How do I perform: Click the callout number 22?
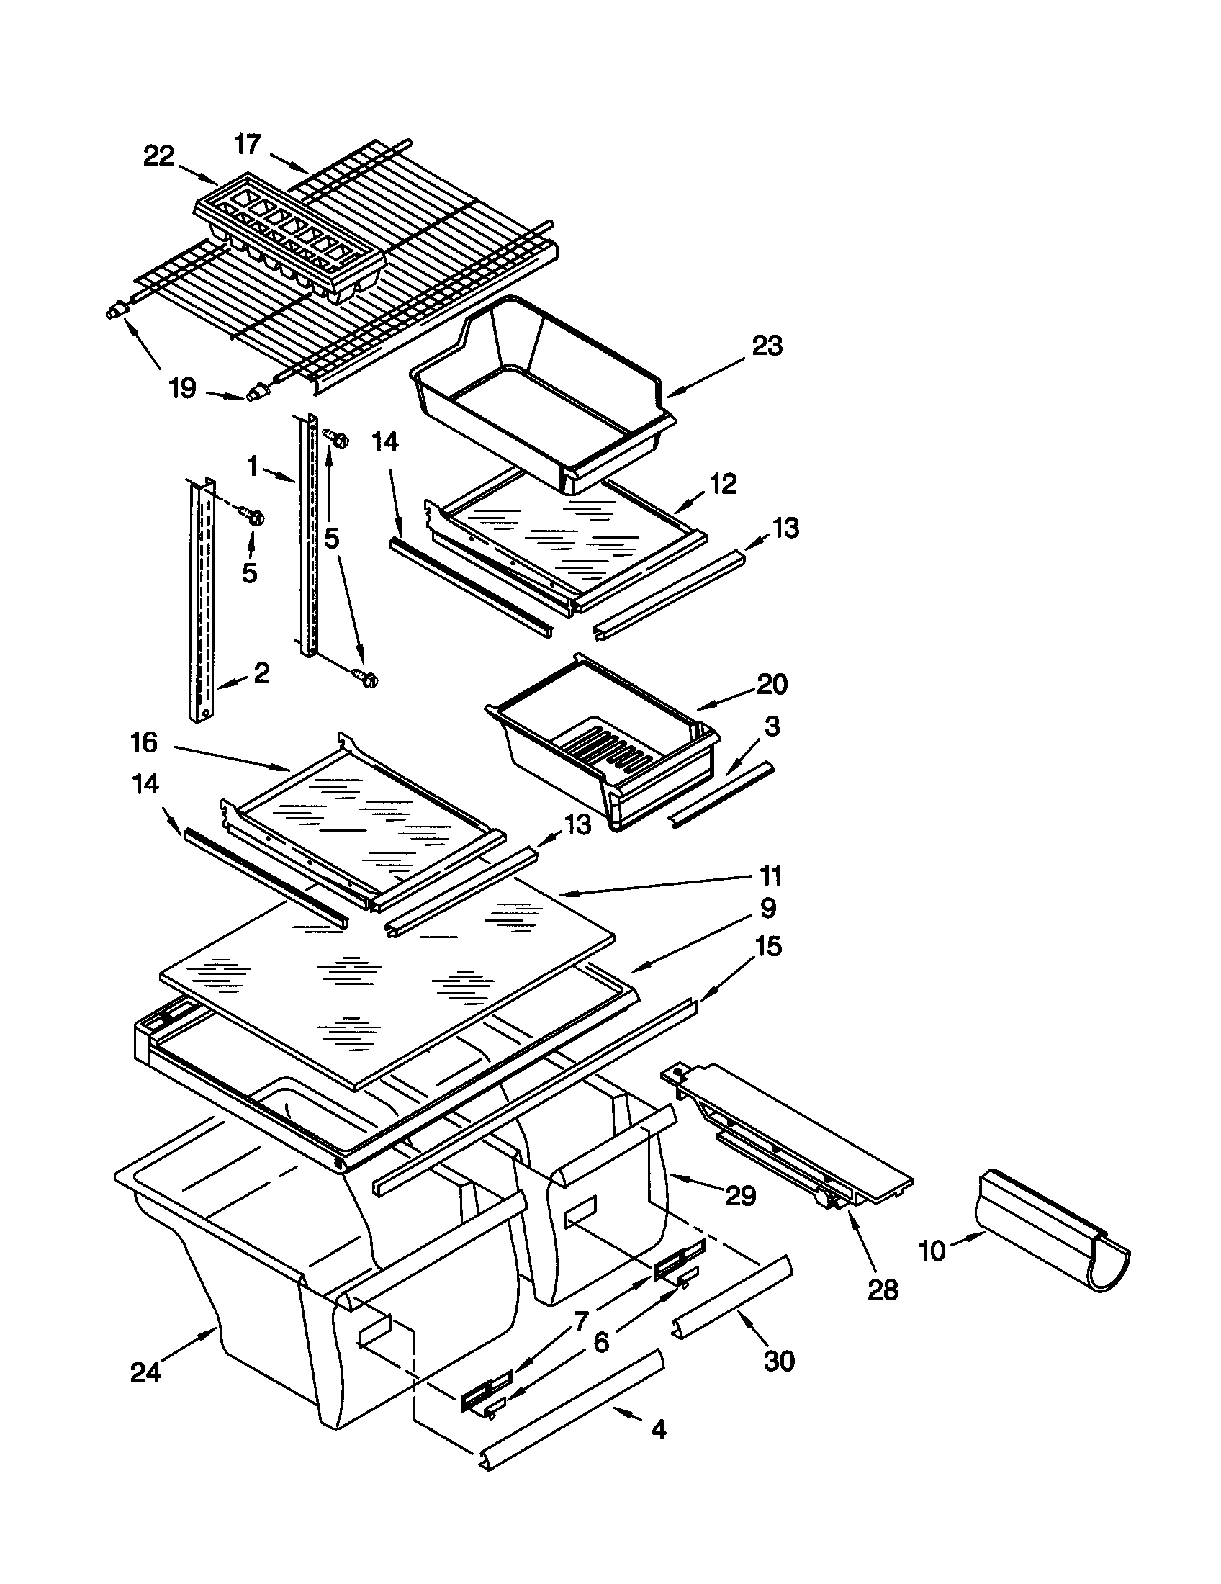point(159,156)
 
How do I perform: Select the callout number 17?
point(247,144)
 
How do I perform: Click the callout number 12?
point(724,483)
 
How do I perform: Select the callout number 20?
point(772,683)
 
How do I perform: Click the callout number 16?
point(143,743)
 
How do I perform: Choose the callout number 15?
point(769,946)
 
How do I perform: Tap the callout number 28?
point(883,1290)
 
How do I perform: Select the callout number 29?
point(740,1195)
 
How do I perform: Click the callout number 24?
point(145,1372)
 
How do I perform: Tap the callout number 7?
point(581,1321)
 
